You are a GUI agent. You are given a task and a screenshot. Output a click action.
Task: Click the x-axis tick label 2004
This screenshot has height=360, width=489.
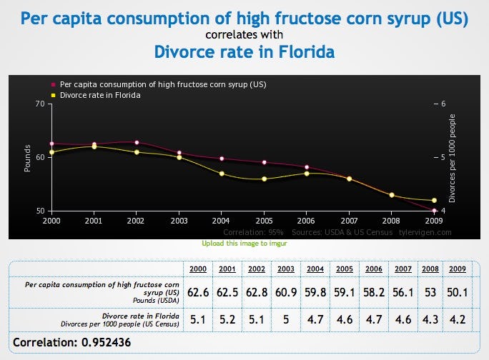click(x=222, y=221)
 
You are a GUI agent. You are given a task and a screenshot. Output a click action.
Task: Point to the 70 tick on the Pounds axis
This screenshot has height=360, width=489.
click(x=39, y=104)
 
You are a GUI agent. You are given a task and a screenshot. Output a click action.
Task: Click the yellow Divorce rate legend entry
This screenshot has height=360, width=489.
click(x=99, y=95)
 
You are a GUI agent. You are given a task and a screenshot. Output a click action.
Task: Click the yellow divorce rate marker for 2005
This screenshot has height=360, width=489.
click(x=264, y=179)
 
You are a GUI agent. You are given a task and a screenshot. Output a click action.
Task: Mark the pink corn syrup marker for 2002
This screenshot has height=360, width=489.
click(x=137, y=142)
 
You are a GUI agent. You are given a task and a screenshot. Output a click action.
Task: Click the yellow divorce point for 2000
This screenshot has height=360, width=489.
click(x=51, y=152)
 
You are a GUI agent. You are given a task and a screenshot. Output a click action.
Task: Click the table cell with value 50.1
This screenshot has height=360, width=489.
click(x=455, y=292)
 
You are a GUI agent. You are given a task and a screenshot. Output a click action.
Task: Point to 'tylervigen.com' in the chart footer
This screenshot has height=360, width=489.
click(x=427, y=232)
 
